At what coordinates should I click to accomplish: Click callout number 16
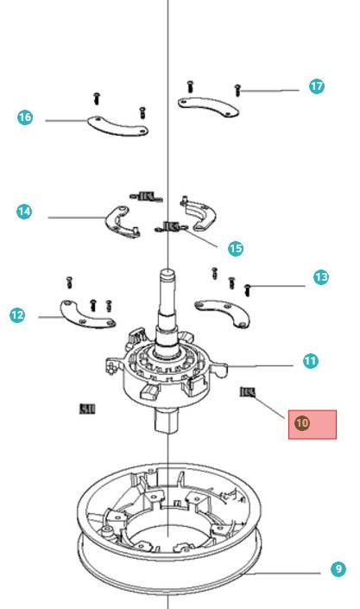[24, 117]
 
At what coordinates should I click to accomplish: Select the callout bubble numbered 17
[317, 86]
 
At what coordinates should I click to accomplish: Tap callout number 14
[24, 211]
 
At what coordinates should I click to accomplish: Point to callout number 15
[235, 248]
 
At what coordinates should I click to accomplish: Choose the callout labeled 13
[321, 277]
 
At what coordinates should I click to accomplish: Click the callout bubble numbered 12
[17, 315]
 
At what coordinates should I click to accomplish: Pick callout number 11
[310, 360]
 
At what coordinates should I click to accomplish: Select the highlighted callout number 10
[302, 422]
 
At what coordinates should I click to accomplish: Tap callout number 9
[338, 569]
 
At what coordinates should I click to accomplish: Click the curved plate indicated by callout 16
[117, 125]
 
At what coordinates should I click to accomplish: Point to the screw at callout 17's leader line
[237, 89]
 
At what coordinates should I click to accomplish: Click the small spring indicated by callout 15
[170, 227]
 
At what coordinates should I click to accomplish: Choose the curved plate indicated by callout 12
[88, 314]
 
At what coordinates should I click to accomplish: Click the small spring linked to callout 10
[248, 392]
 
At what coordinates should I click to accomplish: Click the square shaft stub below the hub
[167, 421]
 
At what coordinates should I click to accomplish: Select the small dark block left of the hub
[86, 408]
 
